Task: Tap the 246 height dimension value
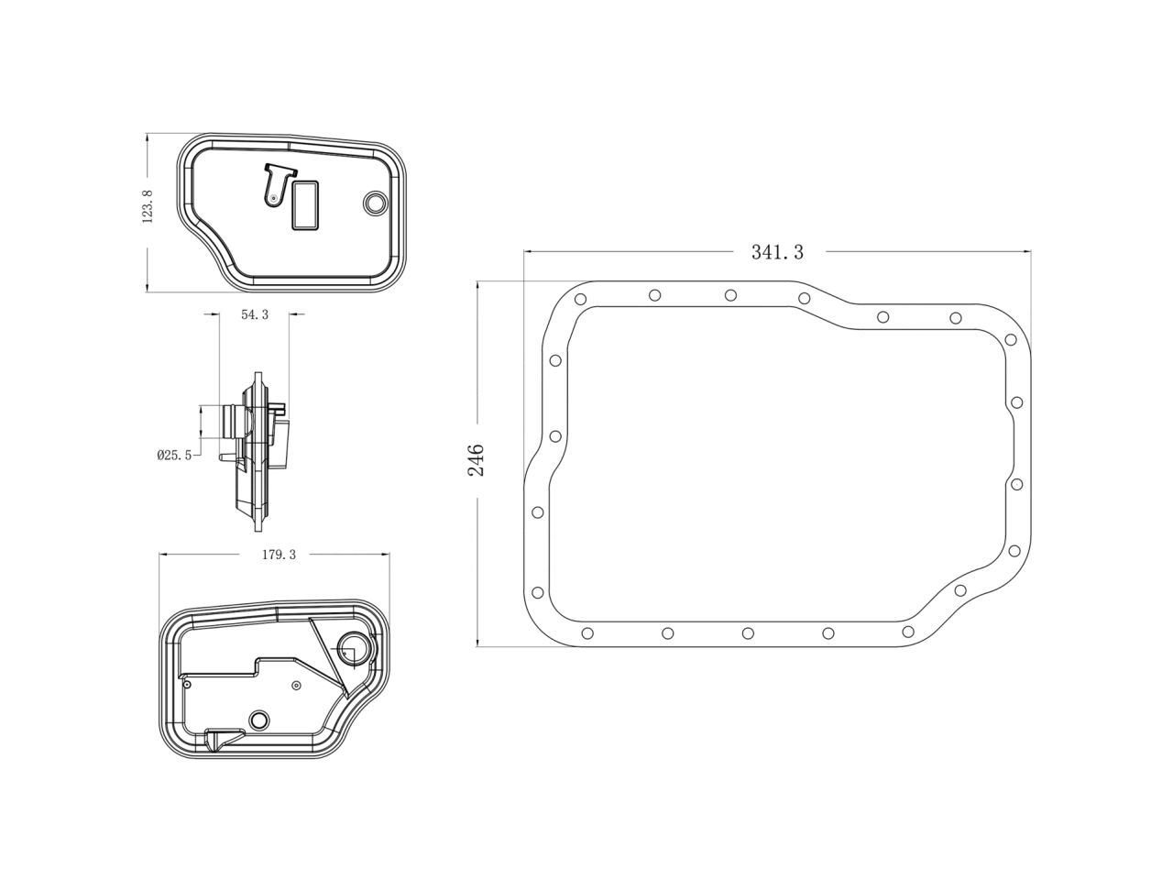coord(477,459)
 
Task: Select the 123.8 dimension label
coord(148,206)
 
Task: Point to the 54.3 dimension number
coord(255,314)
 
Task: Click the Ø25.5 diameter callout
coord(174,454)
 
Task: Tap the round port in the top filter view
coord(375,203)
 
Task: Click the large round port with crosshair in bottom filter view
coord(353,649)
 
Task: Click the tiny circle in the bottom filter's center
coord(295,686)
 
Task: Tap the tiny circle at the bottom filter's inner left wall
coord(186,683)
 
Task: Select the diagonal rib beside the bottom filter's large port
coord(328,655)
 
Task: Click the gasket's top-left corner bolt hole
coord(580,299)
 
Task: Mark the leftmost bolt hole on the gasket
coord(538,512)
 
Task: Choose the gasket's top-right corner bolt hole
coord(1010,339)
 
